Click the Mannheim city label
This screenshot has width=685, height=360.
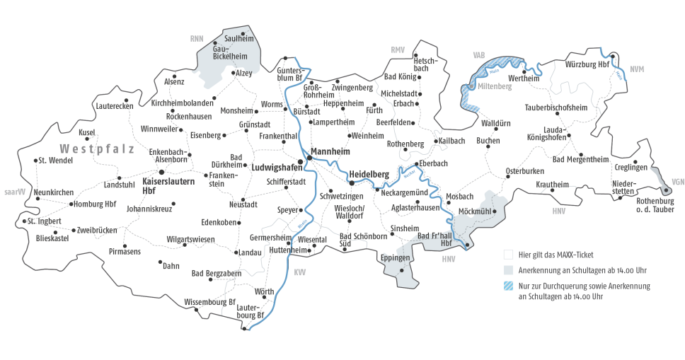(332, 151)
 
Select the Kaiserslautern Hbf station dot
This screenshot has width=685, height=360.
(161, 172)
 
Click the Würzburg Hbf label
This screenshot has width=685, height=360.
(587, 65)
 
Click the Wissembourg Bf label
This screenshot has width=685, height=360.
(209, 302)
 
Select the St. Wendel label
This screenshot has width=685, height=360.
(56, 160)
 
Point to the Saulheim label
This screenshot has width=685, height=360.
(238, 38)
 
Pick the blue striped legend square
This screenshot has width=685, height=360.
(507, 286)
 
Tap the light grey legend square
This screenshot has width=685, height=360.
(507, 270)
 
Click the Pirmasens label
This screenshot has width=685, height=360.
(125, 251)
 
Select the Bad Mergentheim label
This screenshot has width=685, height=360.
(580, 159)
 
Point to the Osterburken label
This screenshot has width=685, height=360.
(525, 171)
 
